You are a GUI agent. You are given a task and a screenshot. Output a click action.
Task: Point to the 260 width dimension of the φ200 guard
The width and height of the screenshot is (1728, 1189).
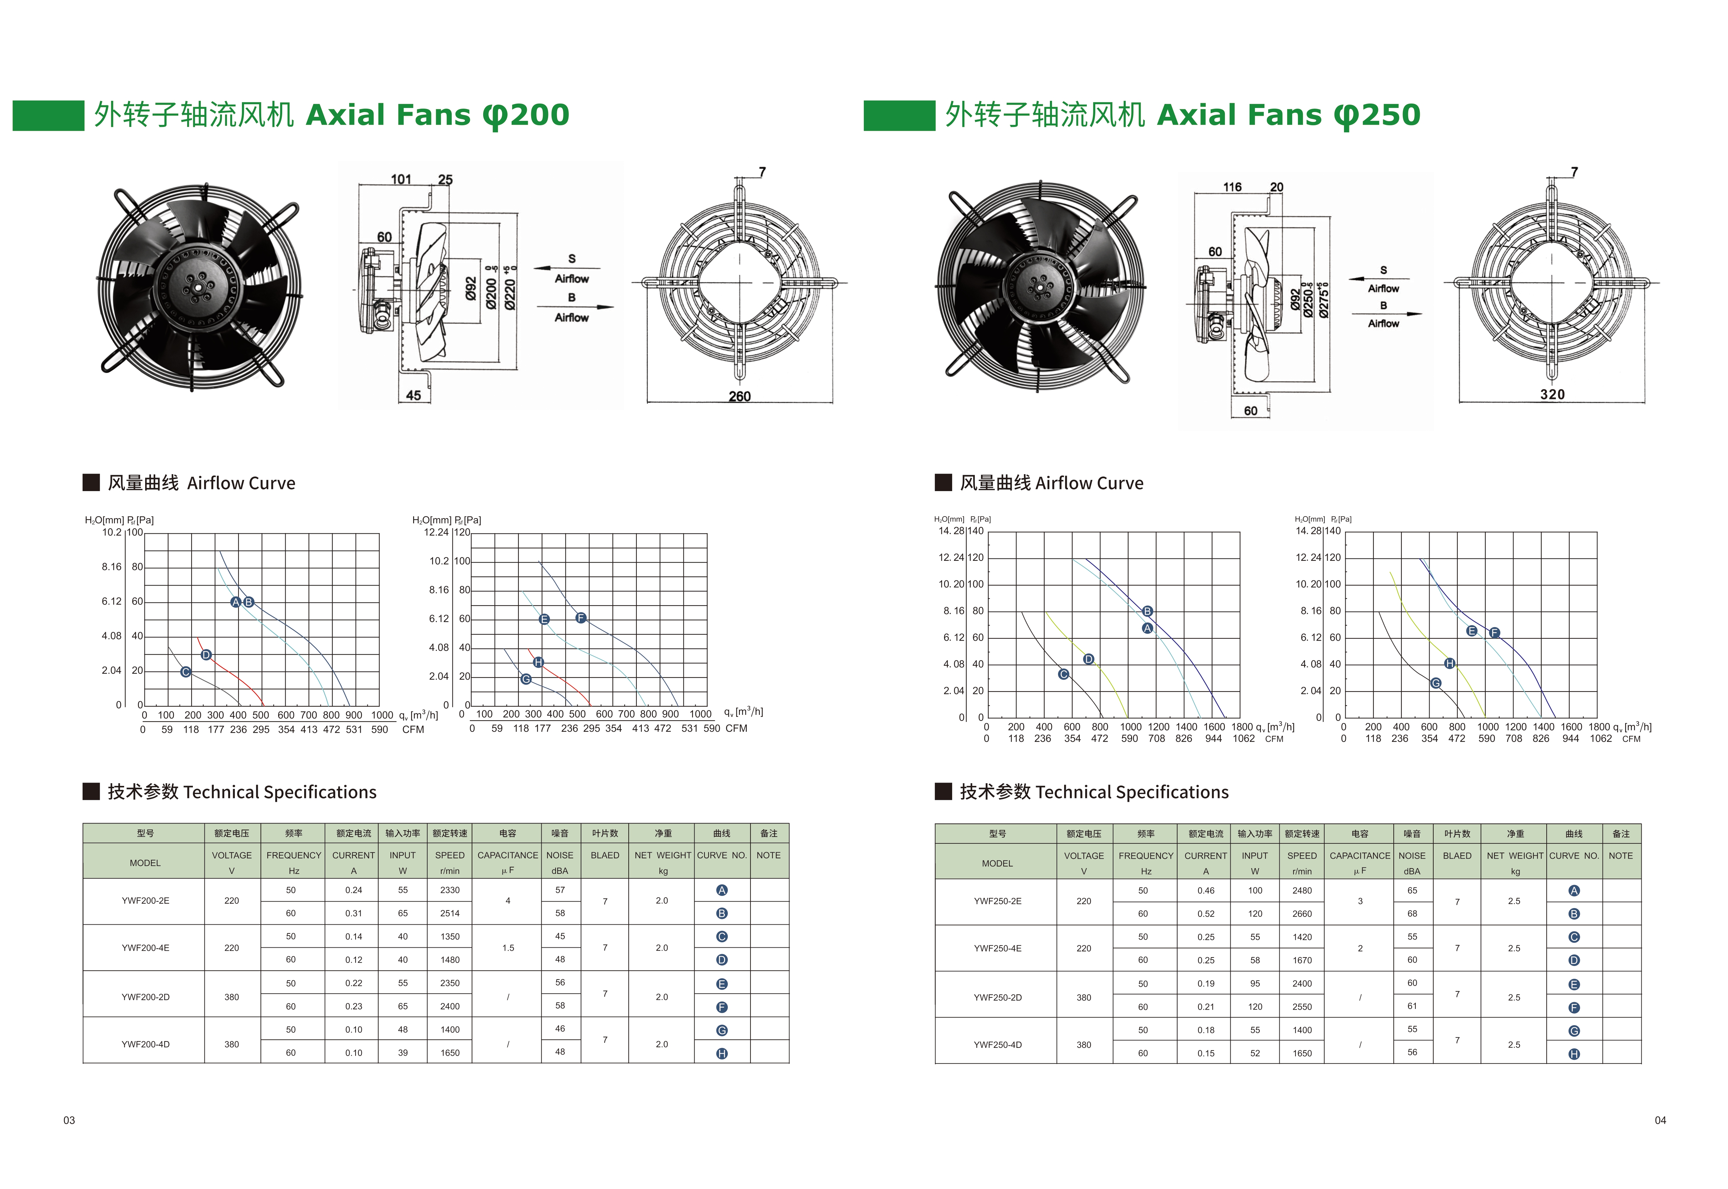[x=740, y=396]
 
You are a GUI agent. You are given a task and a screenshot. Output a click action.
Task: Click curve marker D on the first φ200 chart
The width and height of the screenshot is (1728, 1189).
[x=206, y=655]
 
